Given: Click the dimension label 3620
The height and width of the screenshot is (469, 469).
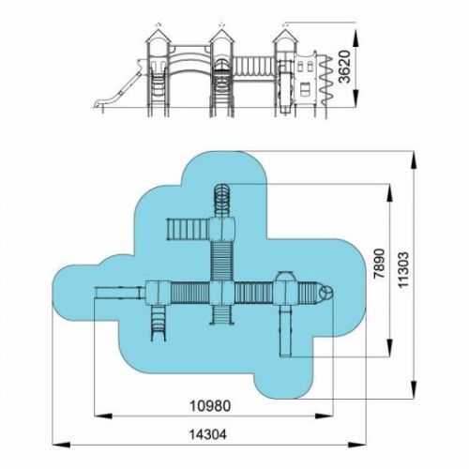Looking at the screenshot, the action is [x=346, y=67].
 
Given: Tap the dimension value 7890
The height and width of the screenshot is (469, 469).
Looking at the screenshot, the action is [x=380, y=264].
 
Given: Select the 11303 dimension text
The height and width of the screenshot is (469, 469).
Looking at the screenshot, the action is [x=403, y=269].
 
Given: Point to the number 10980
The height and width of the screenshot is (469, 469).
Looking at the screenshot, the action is [x=210, y=406].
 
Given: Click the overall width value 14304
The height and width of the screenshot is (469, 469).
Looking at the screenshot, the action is [x=208, y=434].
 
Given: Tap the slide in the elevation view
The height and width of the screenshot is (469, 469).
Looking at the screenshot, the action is [x=118, y=88].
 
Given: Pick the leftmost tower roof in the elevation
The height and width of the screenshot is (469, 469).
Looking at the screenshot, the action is [x=159, y=36].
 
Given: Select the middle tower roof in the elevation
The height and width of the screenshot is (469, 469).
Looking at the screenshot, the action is [x=221, y=36].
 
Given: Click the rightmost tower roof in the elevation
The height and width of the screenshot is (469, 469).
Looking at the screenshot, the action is [x=285, y=36].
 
